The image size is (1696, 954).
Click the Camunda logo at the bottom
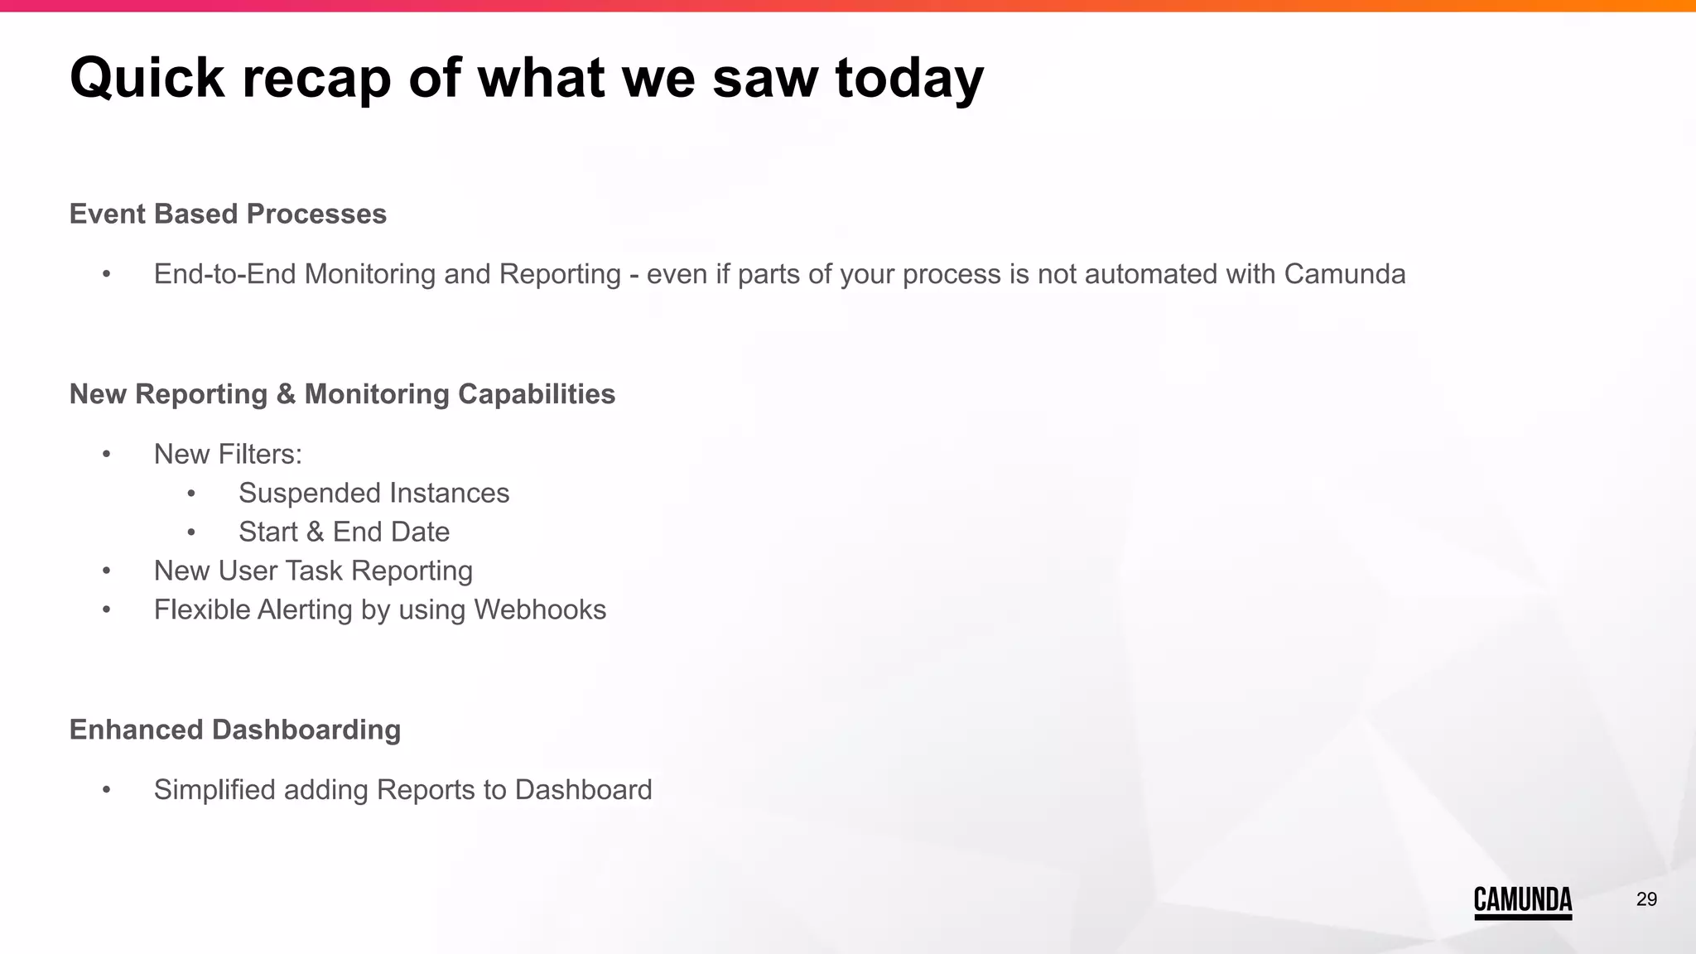1522,901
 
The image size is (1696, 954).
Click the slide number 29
1646,899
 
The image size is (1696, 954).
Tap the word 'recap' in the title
316,79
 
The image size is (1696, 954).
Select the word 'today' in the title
909,79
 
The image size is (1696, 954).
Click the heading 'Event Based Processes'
228,214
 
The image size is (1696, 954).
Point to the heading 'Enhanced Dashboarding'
235,730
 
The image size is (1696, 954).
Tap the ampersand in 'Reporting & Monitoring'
286,394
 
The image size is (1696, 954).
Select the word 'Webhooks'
540,609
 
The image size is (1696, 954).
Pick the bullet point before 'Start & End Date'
191,532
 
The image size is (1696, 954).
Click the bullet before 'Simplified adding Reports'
106,790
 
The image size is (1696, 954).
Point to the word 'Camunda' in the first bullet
1345,274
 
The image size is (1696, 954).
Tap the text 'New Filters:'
228,454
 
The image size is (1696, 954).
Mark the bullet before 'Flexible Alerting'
106,610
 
